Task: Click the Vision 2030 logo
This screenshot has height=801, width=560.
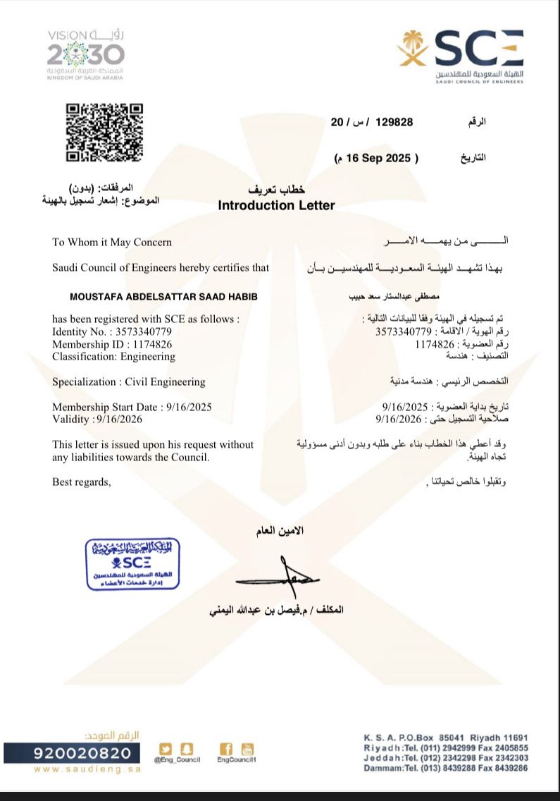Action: click(85, 54)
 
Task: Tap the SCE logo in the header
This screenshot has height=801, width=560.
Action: click(461, 56)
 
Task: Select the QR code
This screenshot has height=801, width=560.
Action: click(104, 133)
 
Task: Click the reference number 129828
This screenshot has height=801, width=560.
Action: click(394, 121)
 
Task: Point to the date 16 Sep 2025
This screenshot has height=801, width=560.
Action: click(377, 158)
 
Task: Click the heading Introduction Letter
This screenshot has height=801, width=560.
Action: click(276, 205)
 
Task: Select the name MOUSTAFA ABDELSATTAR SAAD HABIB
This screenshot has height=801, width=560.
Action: click(154, 296)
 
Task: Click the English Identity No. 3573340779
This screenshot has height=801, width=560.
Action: click(112, 331)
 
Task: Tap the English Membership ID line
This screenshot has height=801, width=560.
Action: click(112, 344)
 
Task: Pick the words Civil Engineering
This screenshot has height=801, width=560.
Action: click(165, 381)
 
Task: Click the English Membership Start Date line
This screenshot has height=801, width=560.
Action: click(132, 407)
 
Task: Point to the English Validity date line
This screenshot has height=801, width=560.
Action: click(97, 419)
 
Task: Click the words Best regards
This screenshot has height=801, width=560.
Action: click(82, 482)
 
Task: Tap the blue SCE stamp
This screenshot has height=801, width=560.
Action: click(132, 564)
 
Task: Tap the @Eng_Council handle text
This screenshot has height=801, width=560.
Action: click(178, 759)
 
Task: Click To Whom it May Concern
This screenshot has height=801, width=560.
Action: click(112, 242)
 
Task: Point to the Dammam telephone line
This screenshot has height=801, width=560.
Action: click(445, 768)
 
